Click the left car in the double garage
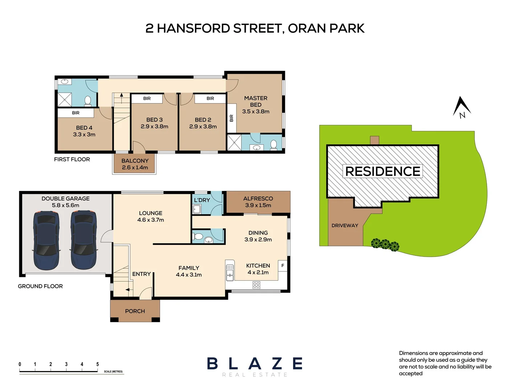pos(46,240)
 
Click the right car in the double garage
pos(83,240)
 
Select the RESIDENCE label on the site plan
pos(383,171)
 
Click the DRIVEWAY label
pos(344,225)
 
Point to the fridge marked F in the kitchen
pos(282,266)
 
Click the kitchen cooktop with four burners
pos(256,285)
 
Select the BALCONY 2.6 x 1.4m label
pos(135,164)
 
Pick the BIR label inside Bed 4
pos(76,113)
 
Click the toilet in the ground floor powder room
pos(198,237)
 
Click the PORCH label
pos(135,311)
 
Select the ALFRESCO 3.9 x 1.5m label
pos(258,202)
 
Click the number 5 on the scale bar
pos(97,364)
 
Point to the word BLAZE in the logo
pos(255,364)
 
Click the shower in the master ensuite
pos(234,142)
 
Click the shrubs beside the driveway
pos(385,245)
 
